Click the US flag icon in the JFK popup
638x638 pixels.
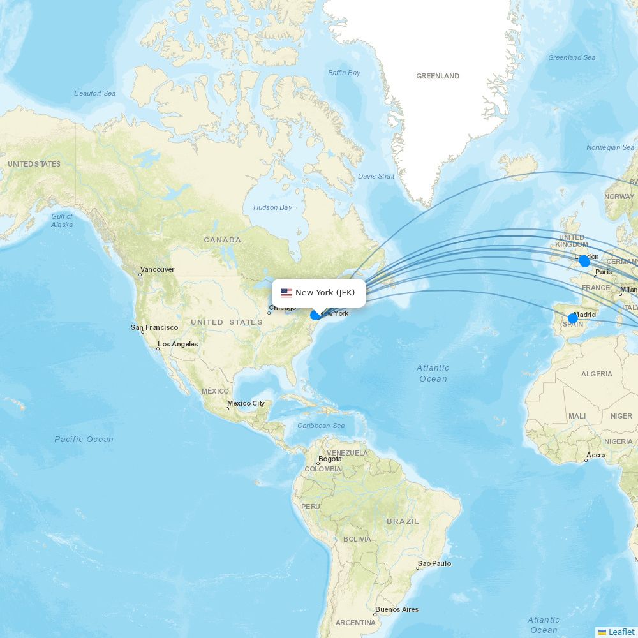pos(286,293)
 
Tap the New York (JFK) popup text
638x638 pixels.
pos(325,293)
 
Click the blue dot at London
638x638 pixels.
pos(584,261)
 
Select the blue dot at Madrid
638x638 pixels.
pos(573,318)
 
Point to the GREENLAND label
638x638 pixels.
pos(438,76)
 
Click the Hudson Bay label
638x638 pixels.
pos(272,207)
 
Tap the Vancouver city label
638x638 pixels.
pos(157,269)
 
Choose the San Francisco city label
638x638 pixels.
pos(154,327)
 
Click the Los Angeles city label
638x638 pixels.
pos(178,344)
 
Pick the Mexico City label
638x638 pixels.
pos(246,403)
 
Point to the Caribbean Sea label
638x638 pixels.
pos(321,426)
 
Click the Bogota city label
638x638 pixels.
pos(330,459)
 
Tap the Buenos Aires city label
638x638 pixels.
pos(397,609)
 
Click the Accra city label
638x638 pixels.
pos(596,456)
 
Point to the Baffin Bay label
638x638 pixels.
pos(345,73)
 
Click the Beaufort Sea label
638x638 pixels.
pos(94,93)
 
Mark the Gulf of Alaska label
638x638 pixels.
pos(62,220)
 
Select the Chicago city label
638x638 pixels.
pos(282,309)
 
